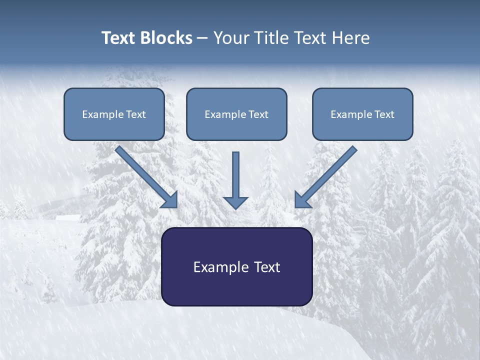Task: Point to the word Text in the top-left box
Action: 135,114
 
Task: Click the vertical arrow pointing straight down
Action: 235,175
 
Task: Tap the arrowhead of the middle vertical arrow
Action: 235,202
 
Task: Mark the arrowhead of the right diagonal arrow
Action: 302,199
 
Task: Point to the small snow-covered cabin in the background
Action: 68,218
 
